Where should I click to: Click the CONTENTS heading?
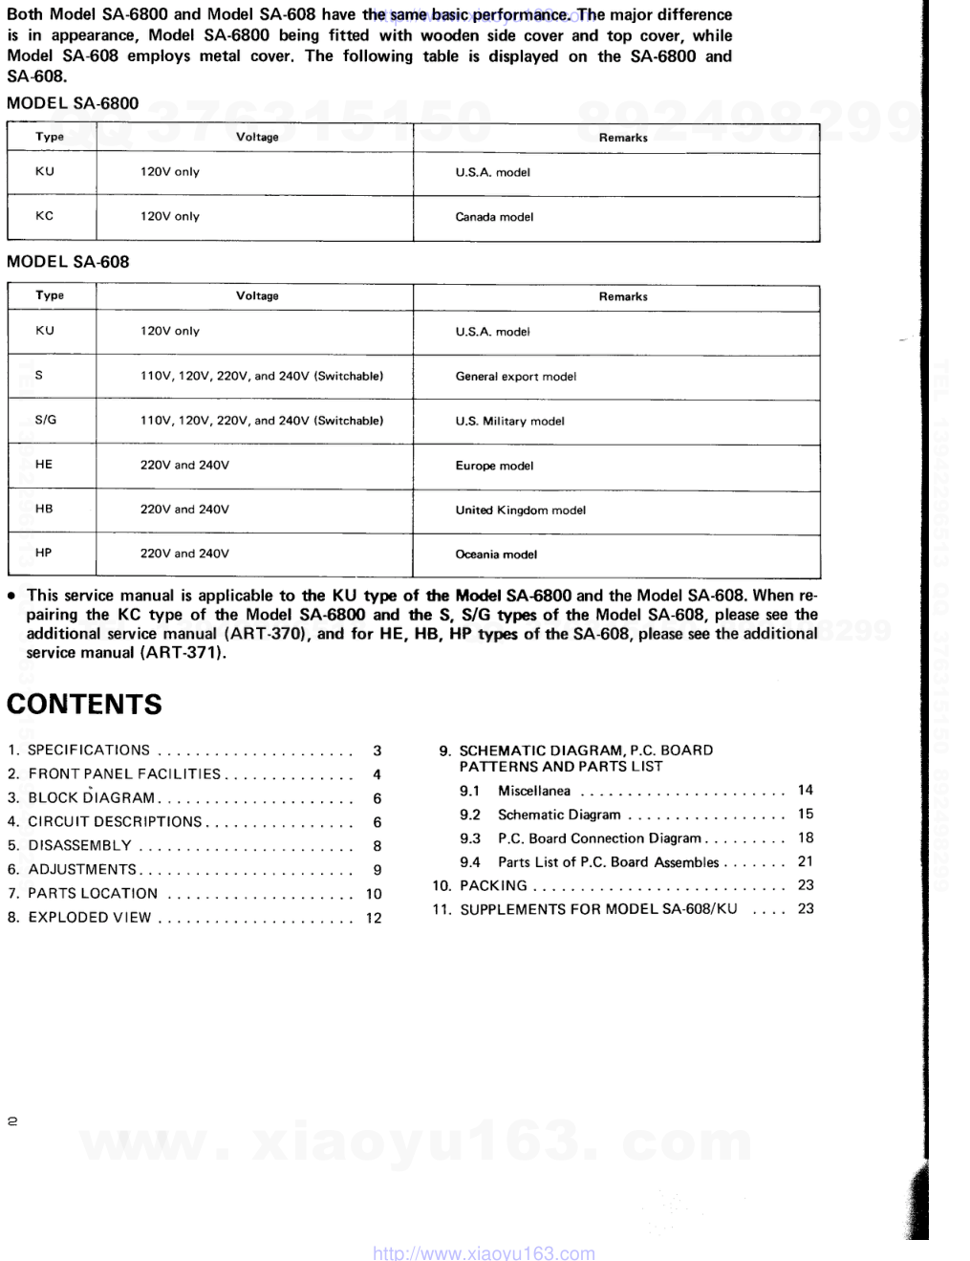[84, 705]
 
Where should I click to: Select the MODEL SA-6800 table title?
[73, 103]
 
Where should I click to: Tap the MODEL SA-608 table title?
[68, 262]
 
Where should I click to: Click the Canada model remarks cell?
[494, 217]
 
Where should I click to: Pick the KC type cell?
[45, 216]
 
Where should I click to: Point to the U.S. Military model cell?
[509, 421]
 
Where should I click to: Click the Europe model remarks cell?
[494, 466]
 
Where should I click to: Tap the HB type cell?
[44, 509]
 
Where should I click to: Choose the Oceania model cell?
[496, 554]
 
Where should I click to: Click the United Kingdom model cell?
[520, 510]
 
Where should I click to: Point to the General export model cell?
[515, 377]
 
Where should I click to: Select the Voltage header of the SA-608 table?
[257, 296]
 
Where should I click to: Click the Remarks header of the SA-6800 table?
[623, 138]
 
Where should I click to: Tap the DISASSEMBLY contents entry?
[80, 845]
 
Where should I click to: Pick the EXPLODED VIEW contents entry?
[90, 917]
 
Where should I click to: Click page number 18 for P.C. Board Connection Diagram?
[806, 837]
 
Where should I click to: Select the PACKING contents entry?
[493, 885]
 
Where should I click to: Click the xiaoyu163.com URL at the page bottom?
[483, 1252]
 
